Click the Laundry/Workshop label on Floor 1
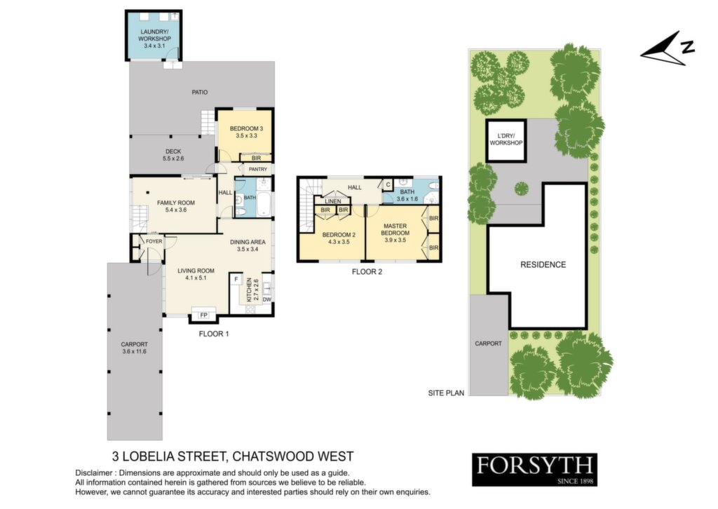154,39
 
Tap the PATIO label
200,92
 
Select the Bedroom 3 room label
246,133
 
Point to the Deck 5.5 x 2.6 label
173,155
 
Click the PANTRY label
258,170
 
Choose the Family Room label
176,206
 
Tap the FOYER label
154,241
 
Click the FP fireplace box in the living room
203,315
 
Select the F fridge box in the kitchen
236,279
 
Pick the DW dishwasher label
267,300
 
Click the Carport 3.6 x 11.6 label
135,348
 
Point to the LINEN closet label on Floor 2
333,201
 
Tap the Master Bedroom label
395,233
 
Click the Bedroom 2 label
339,238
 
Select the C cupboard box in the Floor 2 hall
388,185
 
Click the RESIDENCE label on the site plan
543,264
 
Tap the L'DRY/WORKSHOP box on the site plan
506,140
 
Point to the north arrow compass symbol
668,50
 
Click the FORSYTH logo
535,469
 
